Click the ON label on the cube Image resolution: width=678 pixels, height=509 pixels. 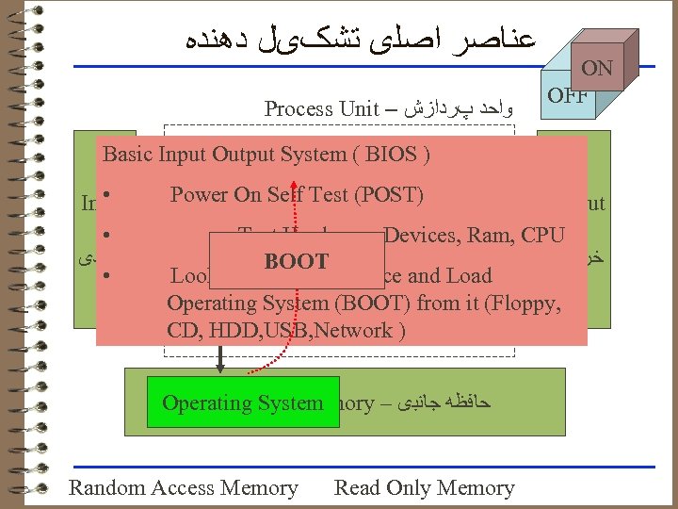pyautogui.click(x=597, y=69)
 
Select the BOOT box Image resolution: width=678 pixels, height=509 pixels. pyautogui.click(x=297, y=262)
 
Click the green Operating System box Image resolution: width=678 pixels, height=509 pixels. pyautogui.click(x=243, y=402)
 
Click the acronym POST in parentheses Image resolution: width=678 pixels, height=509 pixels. pyautogui.click(x=389, y=195)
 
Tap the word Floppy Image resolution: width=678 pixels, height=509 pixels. pyautogui.click(x=532, y=303)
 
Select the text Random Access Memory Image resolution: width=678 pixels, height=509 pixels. pyautogui.click(x=184, y=487)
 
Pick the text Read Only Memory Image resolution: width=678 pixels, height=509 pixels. pyautogui.click(x=424, y=487)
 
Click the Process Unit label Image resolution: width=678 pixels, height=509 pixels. pyautogui.click(x=321, y=108)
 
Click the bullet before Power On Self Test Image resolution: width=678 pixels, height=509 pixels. pyautogui.click(x=110, y=195)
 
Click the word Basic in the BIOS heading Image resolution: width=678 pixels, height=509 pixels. pyautogui.click(x=128, y=155)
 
